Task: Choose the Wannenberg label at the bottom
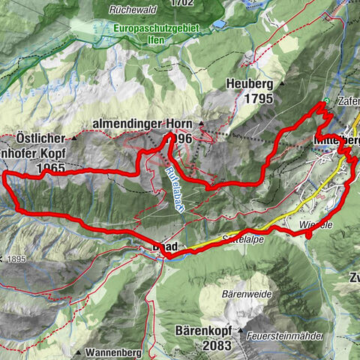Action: coord(109,350)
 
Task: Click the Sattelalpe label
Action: coord(243,239)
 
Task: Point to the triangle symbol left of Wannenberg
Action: coord(77,350)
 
